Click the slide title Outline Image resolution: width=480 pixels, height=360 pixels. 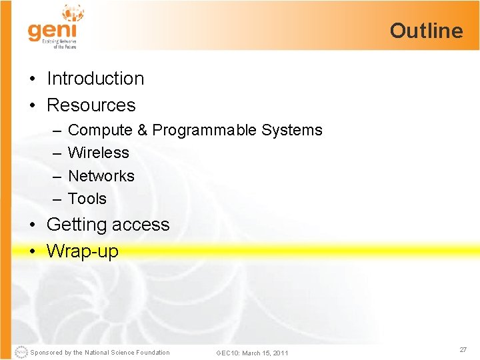coord(426,31)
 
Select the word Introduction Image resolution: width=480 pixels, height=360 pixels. coord(95,79)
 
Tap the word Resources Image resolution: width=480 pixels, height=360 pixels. coord(91,105)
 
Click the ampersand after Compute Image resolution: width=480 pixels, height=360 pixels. coord(142,131)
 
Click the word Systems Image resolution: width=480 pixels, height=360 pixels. coord(291,131)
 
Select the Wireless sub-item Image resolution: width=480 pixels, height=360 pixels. coord(99,153)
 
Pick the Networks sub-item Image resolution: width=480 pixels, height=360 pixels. coord(101,176)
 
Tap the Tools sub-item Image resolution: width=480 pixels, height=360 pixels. coord(87,199)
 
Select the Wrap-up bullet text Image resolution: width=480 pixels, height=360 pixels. coord(82,251)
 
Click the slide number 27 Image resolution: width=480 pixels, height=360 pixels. coord(462,350)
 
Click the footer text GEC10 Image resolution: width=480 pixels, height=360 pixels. coord(227,353)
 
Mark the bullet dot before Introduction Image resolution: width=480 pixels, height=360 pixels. coord(33,79)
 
